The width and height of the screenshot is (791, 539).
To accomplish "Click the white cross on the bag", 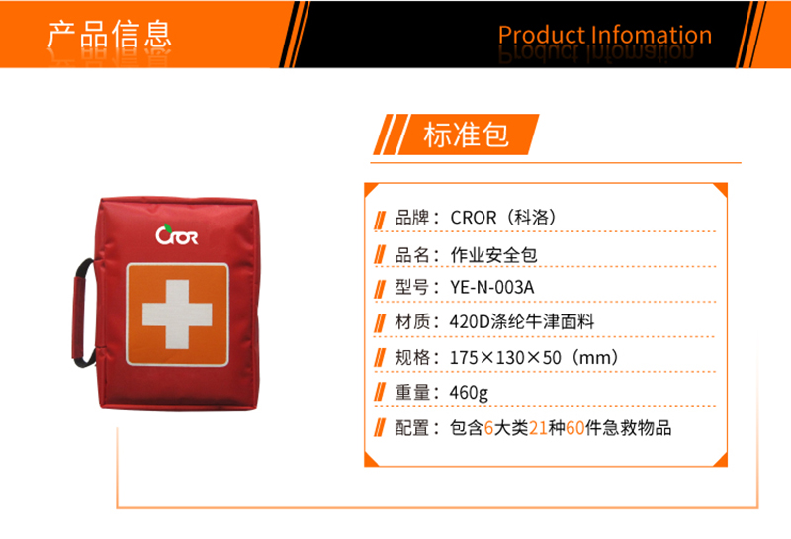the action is coord(177,314).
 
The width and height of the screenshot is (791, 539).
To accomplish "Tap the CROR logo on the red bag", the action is coord(177,234).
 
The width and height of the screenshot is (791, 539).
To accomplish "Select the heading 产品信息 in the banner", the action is coord(110,35).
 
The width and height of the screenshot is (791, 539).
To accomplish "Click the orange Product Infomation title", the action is coord(605,35).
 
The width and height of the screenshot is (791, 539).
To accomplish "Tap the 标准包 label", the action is coord(466,135).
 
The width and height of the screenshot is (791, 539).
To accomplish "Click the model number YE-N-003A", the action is coord(491,287).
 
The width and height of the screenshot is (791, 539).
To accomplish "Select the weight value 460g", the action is coord(469,393).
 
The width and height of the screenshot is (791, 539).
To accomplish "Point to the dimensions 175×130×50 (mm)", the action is coord(534,357).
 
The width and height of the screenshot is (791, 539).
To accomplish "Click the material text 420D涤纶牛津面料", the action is coord(522,321).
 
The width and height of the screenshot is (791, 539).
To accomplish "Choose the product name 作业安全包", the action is coord(493,255).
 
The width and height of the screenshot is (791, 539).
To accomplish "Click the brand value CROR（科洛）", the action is coord(503,217).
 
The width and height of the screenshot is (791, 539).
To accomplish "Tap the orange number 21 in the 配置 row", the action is coord(538,428).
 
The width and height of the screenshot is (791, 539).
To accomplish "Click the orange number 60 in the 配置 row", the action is coord(575,428).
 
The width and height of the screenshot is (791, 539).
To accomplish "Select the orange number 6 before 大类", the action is coord(488,428).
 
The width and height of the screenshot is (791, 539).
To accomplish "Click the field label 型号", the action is coord(411,287).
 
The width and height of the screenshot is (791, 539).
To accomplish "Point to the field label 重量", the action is coord(411,393).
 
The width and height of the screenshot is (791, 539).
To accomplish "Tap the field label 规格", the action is coord(411,357).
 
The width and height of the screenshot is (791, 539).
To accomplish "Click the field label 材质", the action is coord(411,321).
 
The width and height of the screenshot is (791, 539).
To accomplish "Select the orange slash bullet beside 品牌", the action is coord(380,220).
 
